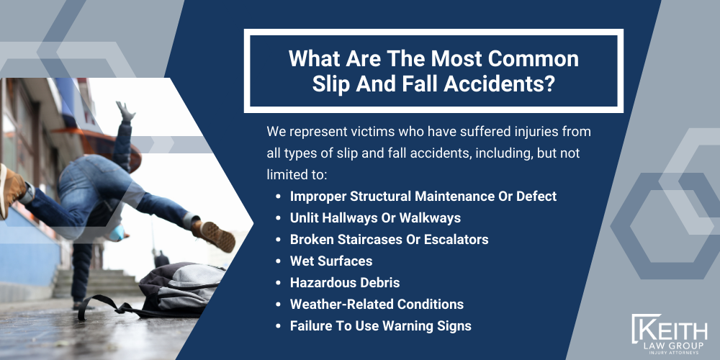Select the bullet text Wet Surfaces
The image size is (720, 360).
[x=330, y=261]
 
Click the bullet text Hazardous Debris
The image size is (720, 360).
[x=345, y=282]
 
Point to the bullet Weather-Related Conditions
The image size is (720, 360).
[x=377, y=304]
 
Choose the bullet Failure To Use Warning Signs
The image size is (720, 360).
[x=380, y=325]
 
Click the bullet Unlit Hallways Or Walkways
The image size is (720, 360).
[x=374, y=217]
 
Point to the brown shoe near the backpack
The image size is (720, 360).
[x=215, y=235]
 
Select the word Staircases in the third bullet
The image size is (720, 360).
[x=369, y=239]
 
